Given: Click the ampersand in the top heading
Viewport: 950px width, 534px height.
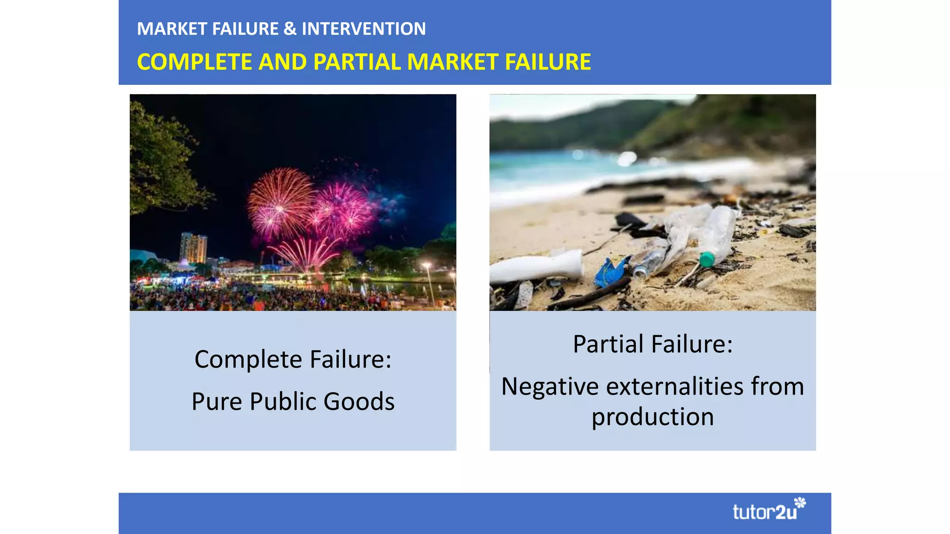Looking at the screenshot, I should click(290, 29).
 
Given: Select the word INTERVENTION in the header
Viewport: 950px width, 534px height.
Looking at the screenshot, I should click(364, 29).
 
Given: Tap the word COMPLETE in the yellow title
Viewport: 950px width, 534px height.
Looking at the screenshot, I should click(194, 62).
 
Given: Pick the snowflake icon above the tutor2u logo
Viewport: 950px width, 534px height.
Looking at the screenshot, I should click(800, 502).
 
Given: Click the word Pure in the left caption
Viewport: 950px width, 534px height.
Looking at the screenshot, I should click(218, 401).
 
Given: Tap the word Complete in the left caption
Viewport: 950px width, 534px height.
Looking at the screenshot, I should click(248, 359).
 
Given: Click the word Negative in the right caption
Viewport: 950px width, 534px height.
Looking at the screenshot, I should click(550, 387).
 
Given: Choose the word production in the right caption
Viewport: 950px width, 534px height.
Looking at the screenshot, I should click(653, 417).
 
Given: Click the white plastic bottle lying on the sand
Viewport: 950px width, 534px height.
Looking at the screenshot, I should click(538, 267).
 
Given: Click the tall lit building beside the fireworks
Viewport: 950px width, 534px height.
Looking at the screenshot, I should click(193, 248).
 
